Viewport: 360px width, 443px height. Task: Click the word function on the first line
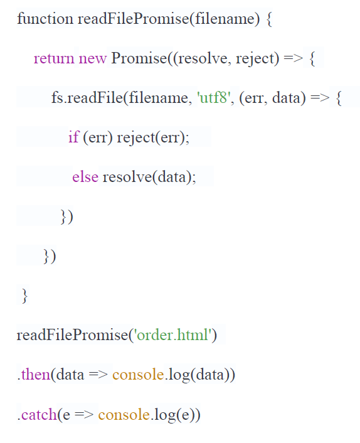pos(45,19)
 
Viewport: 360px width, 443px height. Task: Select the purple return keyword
pos(54,58)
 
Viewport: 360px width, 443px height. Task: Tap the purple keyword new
pos(93,59)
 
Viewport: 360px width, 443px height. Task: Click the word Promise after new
pos(139,58)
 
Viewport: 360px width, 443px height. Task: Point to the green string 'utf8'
pos(214,98)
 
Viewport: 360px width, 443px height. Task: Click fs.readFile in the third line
pos(87,98)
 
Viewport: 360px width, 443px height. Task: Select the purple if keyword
pos(74,137)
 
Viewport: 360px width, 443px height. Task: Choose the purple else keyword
pos(85,177)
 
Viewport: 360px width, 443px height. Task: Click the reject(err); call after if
pos(153,138)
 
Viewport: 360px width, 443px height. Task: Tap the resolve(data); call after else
pos(149,178)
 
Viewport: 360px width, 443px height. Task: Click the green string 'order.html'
pos(173,335)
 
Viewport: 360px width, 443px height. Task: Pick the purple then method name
pos(36,375)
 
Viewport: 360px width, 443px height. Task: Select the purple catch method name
pos(40,415)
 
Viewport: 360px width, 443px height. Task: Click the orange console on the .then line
pos(138,375)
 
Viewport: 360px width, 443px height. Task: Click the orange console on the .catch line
pos(124,415)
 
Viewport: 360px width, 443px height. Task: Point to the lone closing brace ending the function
pos(25,296)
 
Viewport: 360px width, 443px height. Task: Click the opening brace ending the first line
pos(269,19)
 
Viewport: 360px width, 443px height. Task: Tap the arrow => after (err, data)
pos(320,98)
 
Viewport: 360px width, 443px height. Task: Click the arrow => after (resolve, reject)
pos(293,58)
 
